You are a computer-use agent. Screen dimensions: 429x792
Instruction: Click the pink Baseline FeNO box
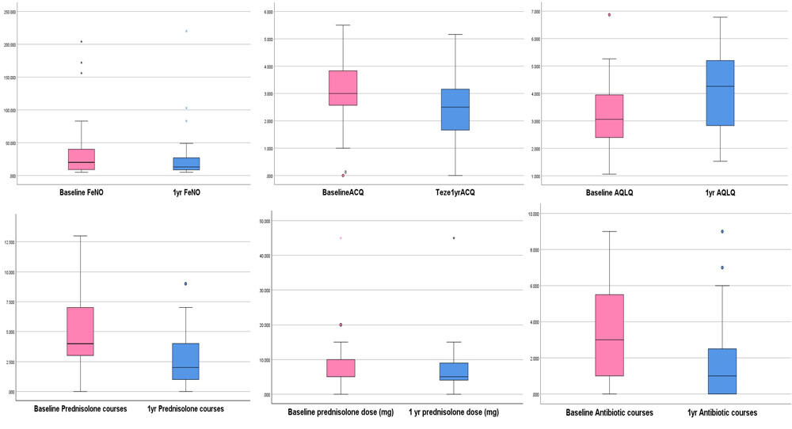82,159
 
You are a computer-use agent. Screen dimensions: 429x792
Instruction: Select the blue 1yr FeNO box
186,164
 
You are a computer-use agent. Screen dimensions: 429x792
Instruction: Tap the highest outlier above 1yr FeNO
186,31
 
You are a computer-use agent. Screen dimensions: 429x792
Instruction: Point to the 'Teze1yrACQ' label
455,192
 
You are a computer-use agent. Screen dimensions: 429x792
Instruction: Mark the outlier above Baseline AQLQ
609,14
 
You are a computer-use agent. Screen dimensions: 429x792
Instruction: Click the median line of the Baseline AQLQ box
609,120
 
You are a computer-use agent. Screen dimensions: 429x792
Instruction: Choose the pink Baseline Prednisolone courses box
80,331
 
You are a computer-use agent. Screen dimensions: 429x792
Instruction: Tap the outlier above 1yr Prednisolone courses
185,283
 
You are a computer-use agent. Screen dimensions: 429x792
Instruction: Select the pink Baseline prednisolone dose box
341,368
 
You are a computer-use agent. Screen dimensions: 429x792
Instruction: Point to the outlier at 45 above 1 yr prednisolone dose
454,237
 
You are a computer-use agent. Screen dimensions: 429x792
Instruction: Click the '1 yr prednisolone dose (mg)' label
454,412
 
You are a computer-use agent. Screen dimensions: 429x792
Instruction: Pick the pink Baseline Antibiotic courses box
609,335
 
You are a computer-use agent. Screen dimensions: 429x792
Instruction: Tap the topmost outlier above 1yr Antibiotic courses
722,231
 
